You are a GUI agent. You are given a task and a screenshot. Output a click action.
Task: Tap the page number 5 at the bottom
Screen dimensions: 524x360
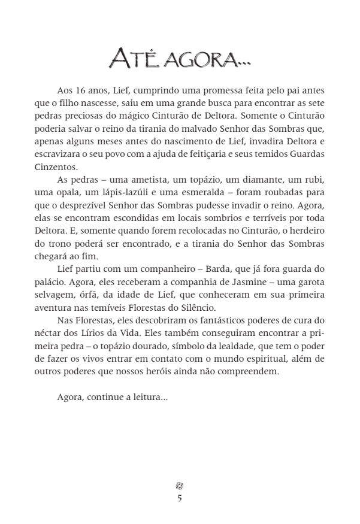tap(180, 498)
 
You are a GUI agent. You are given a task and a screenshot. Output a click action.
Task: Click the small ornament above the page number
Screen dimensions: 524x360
tap(180, 486)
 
